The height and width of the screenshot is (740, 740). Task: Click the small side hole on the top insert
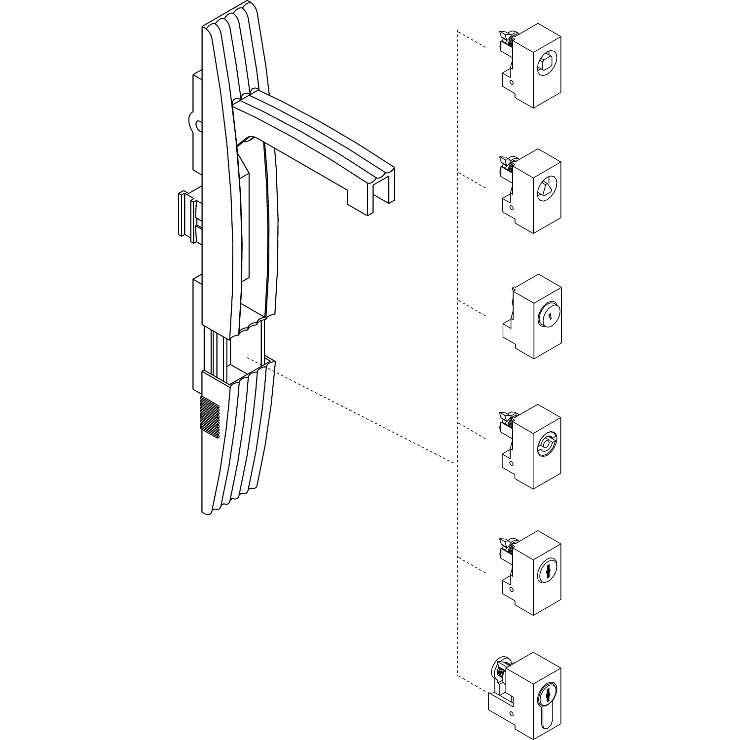click(x=512, y=82)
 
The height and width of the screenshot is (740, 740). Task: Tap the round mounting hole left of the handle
click(x=199, y=125)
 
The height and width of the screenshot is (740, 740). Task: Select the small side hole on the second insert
click(x=512, y=208)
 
